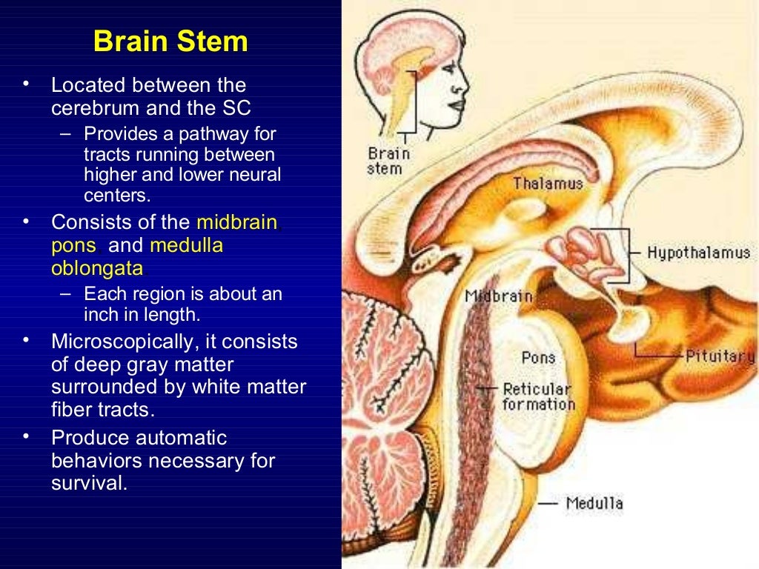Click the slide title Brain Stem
pyautogui.click(x=170, y=41)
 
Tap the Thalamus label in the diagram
pyautogui.click(x=548, y=183)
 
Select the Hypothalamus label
pyautogui.click(x=698, y=253)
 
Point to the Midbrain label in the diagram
pyautogui.click(x=498, y=296)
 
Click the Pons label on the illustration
pyautogui.click(x=538, y=358)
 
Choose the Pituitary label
pyautogui.click(x=719, y=356)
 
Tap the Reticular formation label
pyautogui.click(x=538, y=396)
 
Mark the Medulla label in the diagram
pyautogui.click(x=594, y=504)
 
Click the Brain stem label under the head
pyautogui.click(x=388, y=161)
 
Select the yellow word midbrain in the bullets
pyautogui.click(x=236, y=222)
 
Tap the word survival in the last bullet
pyautogui.click(x=87, y=483)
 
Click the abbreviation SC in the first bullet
pyautogui.click(x=236, y=108)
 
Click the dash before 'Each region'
pyautogui.click(x=66, y=294)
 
